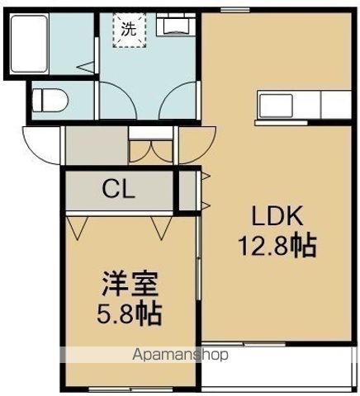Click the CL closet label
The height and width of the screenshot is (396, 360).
[x=121, y=190]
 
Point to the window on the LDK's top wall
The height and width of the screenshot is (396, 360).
[x=236, y=10]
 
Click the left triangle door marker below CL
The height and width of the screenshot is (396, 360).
[x=79, y=224]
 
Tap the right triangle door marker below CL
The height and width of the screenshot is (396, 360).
[x=159, y=224]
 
